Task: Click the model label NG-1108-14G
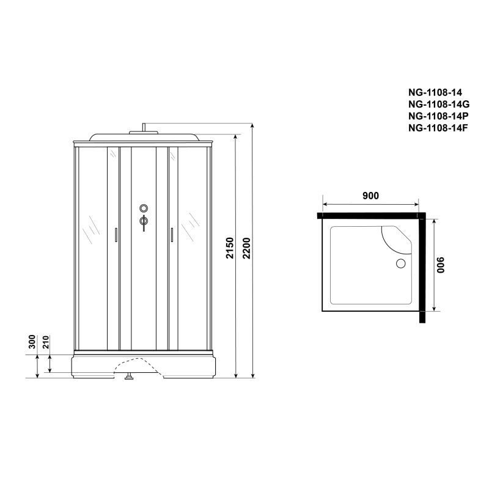pos(438,105)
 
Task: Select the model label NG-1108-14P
pos(438,116)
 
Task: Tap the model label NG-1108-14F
pos(438,127)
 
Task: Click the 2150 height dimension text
pos(230,257)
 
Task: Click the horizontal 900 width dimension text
pos(371,196)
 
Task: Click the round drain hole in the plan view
pos(401,264)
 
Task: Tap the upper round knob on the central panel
pos(143,208)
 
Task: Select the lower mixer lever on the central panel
pos(143,222)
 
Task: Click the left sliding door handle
pos(115,235)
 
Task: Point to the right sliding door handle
pos(172,235)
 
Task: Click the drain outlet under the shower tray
pos(129,377)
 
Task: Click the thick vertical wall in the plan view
pos(422,269)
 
